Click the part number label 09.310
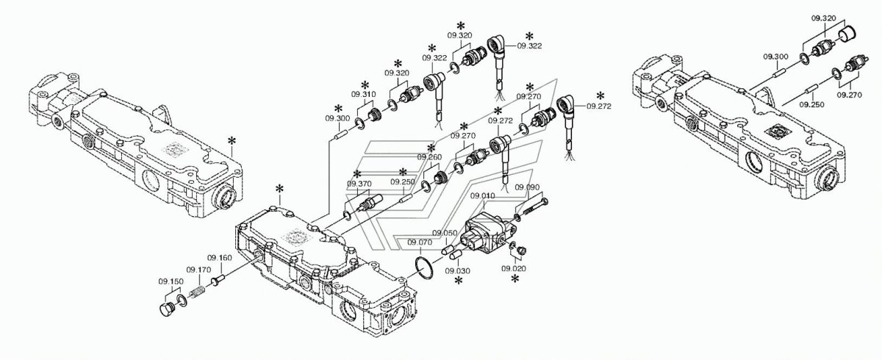(x=363, y=94)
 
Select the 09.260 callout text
(x=429, y=156)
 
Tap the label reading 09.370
(x=359, y=184)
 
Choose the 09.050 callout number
(x=445, y=233)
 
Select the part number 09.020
(x=514, y=269)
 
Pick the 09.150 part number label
(x=171, y=281)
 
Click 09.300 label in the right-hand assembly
(x=775, y=57)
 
